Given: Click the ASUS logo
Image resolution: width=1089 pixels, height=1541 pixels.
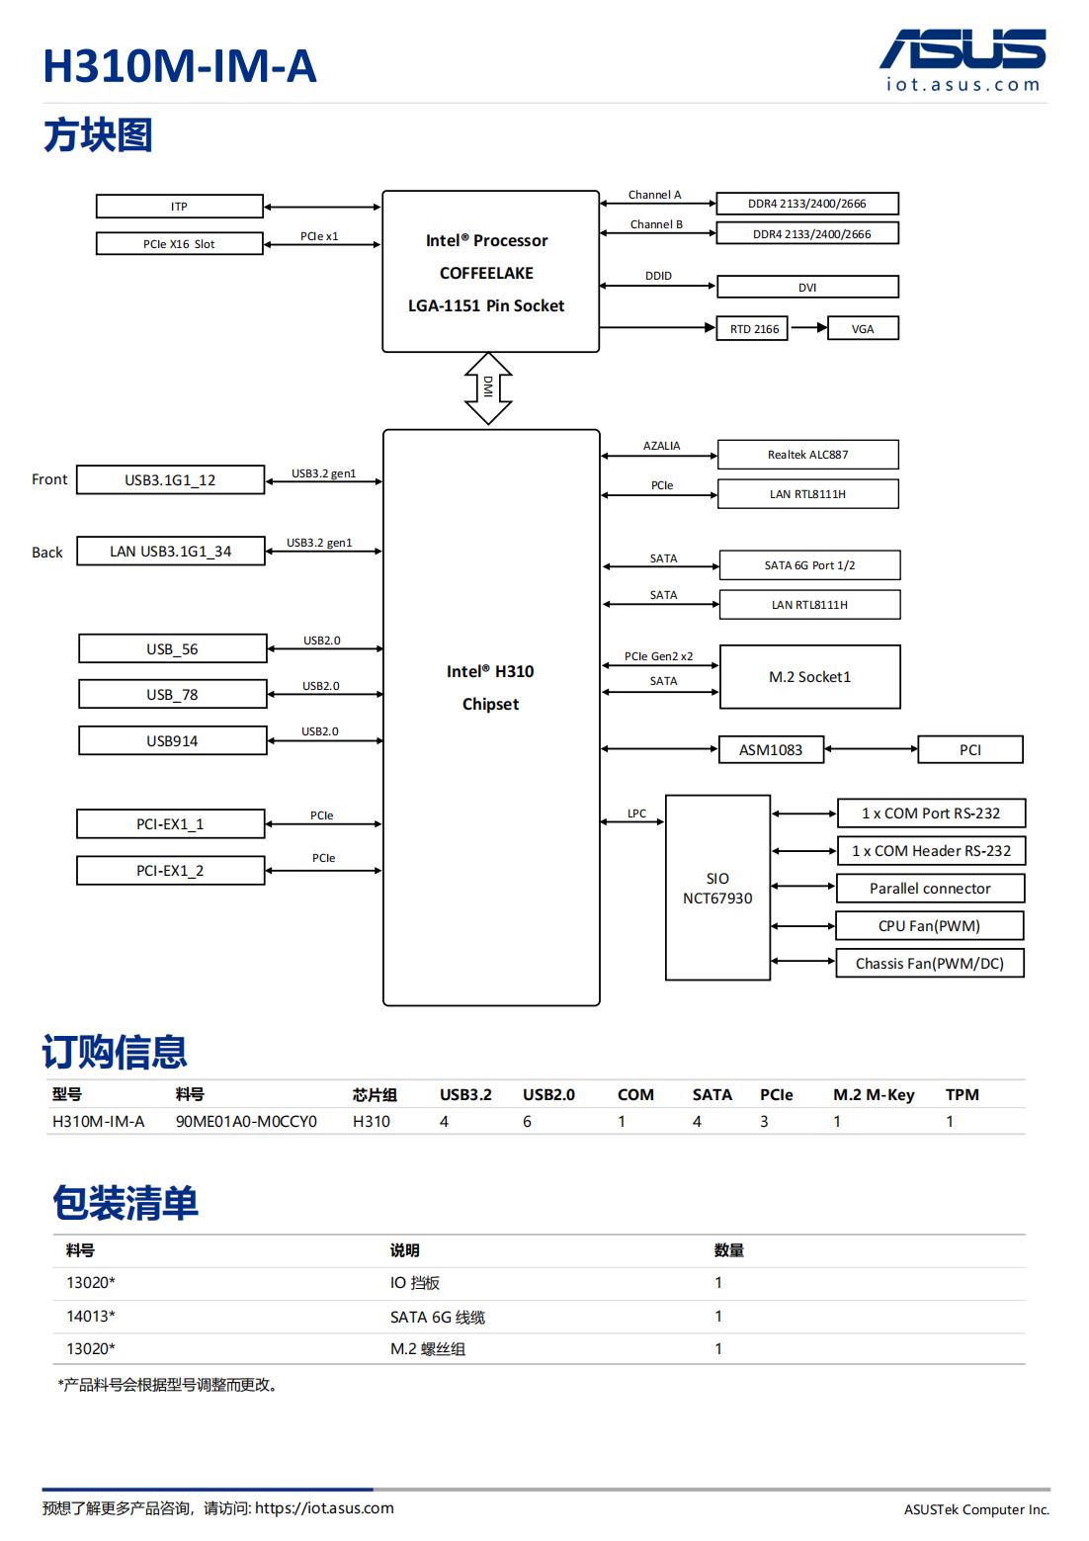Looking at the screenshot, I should tap(963, 49).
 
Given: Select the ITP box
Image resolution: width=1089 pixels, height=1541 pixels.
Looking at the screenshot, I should tap(179, 207).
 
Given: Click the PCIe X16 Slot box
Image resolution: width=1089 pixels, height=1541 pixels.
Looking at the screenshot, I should tap(179, 244).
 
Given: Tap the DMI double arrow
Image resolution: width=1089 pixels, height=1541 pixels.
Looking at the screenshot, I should tap(488, 388).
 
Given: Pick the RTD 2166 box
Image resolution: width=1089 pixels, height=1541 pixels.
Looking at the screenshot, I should tap(753, 329).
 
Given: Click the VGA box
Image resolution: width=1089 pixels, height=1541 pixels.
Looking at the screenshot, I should tap(862, 329).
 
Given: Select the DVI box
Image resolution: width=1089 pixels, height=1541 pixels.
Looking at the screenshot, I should tap(807, 288).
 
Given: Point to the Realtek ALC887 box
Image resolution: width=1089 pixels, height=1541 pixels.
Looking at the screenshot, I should tap(807, 455).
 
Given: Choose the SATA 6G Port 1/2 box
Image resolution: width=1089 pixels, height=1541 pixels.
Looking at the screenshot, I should tap(809, 565).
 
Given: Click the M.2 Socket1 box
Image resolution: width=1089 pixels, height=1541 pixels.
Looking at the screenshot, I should tap(809, 677).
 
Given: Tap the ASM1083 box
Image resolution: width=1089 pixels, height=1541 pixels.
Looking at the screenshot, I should tap(771, 750).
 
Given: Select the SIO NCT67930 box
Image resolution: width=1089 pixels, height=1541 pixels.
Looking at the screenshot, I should tap(717, 888).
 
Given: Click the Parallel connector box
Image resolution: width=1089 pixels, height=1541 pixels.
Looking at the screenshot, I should tap(930, 889).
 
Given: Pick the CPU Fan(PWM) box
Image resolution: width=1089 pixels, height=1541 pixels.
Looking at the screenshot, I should tap(930, 926).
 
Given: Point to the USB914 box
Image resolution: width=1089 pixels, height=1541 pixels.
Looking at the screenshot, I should tap(172, 741).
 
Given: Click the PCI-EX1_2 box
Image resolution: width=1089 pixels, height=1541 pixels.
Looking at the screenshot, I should tap(170, 871).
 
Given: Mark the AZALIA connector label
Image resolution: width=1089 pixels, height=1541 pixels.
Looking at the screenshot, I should tap(661, 446).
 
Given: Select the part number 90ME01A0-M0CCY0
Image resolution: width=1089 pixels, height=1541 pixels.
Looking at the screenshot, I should tap(246, 1122).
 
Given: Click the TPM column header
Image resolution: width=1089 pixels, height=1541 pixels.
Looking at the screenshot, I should tap(962, 1095).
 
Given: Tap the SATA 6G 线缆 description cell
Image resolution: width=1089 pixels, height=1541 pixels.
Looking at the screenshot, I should tap(438, 1317).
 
